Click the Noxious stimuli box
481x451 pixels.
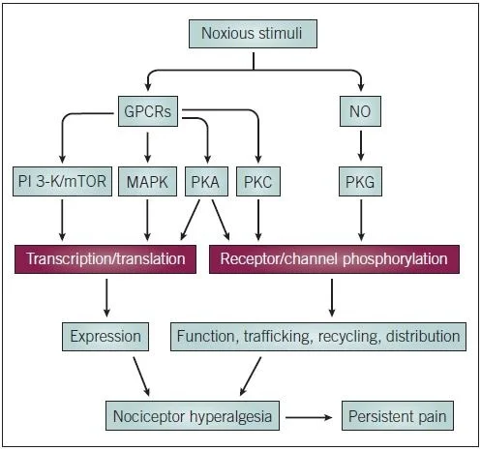coord(253,34)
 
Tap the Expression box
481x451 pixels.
coord(105,337)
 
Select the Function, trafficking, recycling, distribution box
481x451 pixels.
coord(318,337)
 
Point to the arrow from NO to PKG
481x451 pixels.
coord(359,144)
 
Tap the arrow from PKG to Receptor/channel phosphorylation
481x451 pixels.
coord(359,220)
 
